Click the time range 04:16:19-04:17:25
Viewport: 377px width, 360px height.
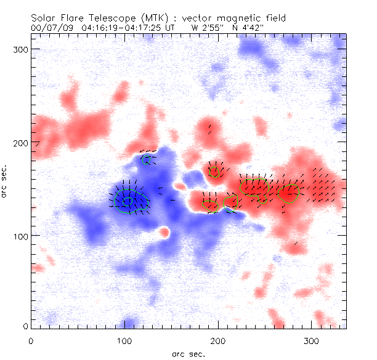pos(124,28)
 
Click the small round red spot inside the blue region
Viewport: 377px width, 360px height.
pos(164,232)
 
